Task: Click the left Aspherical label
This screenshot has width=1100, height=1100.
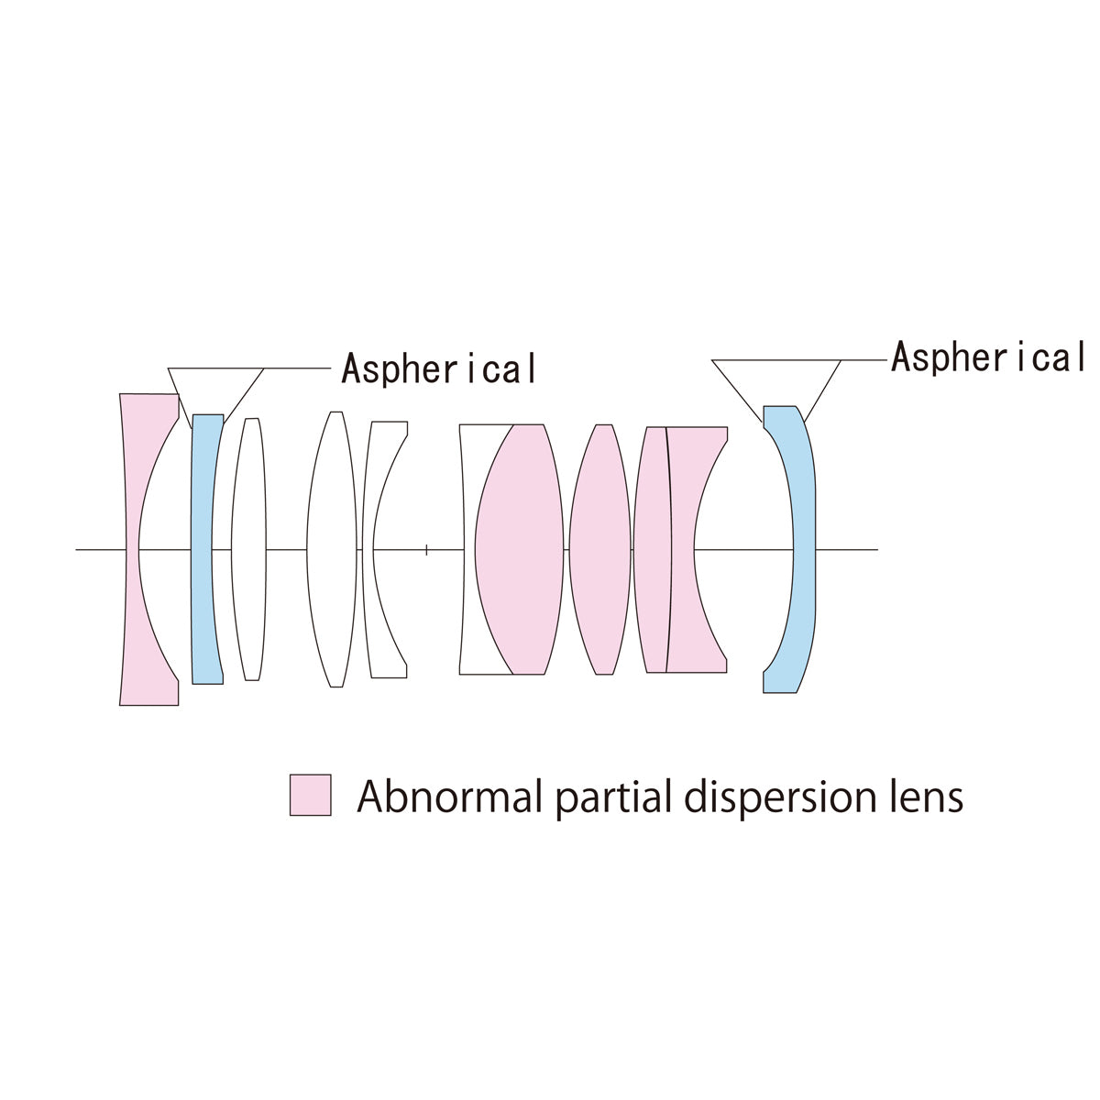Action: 438,368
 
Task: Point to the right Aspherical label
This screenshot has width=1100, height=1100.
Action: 988,357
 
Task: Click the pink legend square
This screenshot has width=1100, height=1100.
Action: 310,795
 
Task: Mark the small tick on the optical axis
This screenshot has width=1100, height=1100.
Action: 426,550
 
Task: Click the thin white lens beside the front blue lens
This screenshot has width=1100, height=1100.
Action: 248,550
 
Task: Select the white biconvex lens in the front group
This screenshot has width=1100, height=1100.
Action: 331,550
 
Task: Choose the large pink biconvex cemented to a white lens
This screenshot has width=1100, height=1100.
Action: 518,550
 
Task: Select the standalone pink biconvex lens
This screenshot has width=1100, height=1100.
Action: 599,550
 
